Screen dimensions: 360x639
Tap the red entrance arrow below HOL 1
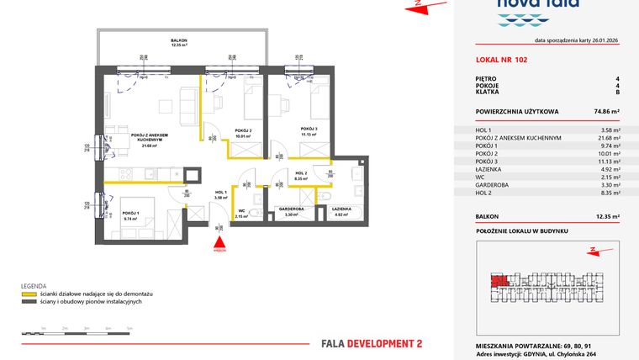pos(219,241)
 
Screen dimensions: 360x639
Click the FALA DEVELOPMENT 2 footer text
pos(372,343)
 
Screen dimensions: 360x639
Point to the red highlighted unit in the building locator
pos(499,281)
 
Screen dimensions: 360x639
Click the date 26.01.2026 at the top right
pos(602,40)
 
